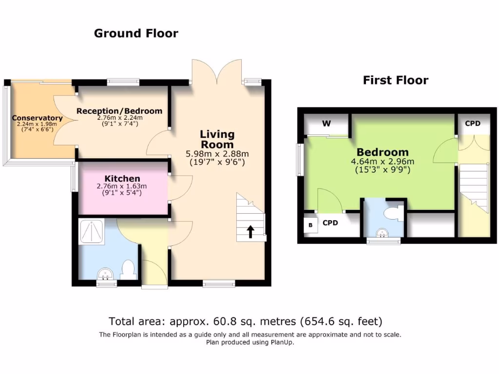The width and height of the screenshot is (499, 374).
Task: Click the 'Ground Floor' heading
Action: (136, 34)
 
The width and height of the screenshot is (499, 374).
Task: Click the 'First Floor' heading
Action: (395, 80)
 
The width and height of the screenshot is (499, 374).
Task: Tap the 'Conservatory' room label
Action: (37, 118)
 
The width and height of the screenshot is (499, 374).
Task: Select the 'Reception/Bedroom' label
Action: (119, 111)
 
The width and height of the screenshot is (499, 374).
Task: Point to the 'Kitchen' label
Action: (122, 179)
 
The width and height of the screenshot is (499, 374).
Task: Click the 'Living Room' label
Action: (217, 139)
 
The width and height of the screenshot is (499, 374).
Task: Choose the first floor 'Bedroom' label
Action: (383, 152)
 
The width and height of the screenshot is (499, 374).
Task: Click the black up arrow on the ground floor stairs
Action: (251, 231)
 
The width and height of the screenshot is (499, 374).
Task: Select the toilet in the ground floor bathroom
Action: (128, 269)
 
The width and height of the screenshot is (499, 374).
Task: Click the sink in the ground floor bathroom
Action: (106, 275)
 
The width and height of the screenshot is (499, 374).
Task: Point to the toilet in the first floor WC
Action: (393, 213)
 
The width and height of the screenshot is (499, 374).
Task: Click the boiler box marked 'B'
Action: (310, 225)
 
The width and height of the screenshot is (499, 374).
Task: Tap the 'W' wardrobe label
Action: (326, 124)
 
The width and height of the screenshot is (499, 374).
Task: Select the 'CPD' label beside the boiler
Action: (330, 223)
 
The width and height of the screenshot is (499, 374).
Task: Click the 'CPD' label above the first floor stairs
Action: (472, 124)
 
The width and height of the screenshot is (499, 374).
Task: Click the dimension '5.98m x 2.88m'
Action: (217, 154)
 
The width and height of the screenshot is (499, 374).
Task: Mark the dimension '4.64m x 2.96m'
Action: (383, 162)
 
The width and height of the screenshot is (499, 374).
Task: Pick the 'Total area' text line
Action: (246, 321)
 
